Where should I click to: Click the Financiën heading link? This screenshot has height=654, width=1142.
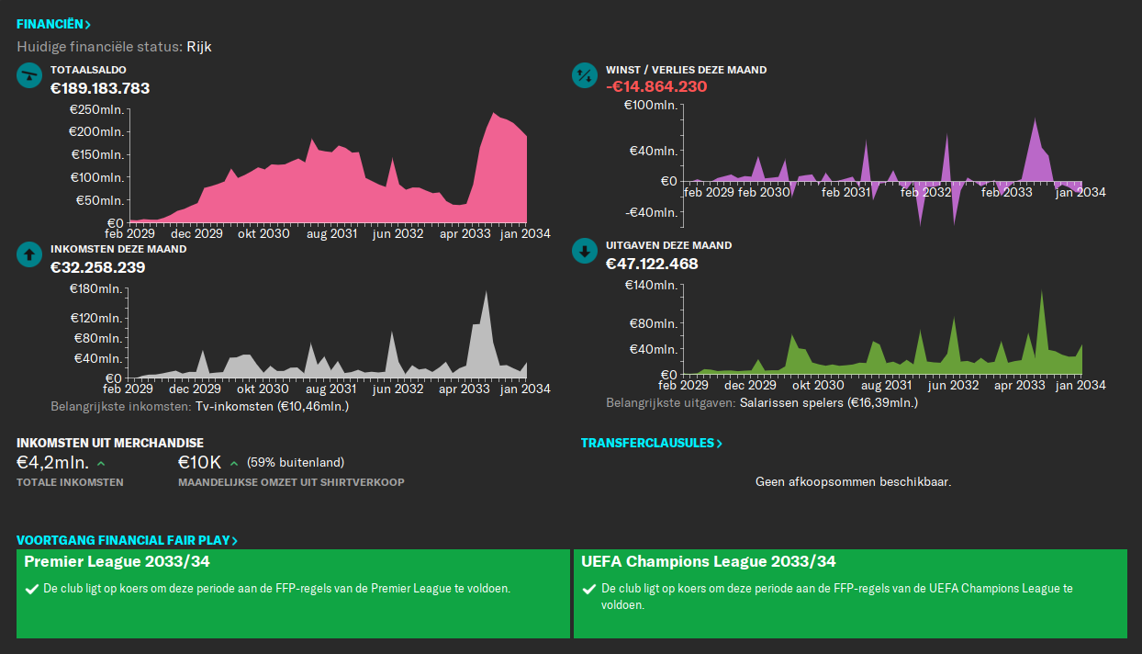click(53, 25)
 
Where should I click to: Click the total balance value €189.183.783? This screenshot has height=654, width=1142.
click(100, 88)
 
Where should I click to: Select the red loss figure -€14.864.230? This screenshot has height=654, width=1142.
click(656, 86)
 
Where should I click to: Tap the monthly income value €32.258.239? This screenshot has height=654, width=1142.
click(97, 267)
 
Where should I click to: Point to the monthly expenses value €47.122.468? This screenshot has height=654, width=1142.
click(652, 264)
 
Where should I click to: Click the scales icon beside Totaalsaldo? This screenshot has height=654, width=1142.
click(29, 75)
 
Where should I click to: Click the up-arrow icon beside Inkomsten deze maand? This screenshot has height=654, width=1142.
click(29, 254)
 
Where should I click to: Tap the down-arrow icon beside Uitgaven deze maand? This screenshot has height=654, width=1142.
click(584, 252)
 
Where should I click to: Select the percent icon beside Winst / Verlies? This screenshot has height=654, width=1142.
click(584, 75)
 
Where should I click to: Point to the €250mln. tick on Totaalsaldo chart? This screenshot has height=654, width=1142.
click(96, 109)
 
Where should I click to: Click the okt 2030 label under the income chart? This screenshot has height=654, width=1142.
click(263, 389)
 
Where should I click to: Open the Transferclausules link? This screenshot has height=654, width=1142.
click(651, 444)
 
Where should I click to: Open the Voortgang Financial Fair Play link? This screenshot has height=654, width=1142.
click(127, 541)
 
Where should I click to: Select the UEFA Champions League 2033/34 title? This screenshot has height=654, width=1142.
click(709, 561)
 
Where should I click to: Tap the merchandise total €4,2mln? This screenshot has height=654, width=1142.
click(53, 462)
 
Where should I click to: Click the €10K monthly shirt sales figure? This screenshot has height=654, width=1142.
click(200, 462)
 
